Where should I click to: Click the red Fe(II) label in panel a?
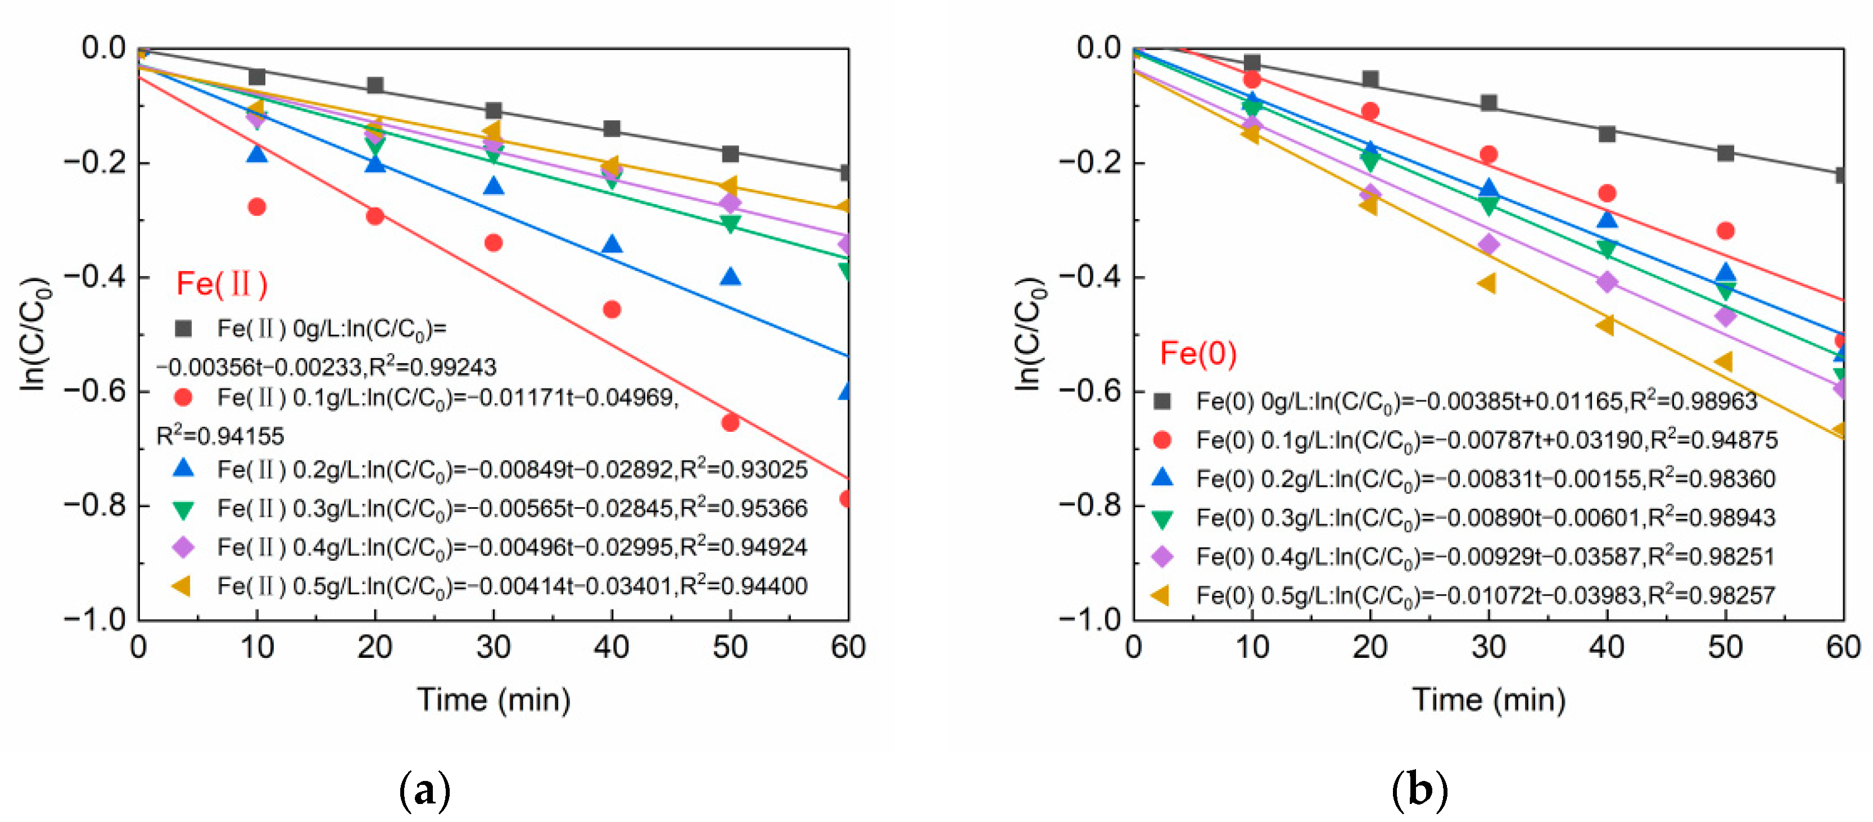point(222,284)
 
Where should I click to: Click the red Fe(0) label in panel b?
point(1197,354)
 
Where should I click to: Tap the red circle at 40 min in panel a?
point(612,309)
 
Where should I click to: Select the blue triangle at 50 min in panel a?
point(730,277)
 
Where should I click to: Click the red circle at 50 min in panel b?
point(1725,231)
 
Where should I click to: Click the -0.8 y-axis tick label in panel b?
point(1090,504)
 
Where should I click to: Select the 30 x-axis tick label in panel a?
point(493,647)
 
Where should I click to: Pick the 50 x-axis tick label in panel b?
point(1725,647)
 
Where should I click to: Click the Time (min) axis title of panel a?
point(493,700)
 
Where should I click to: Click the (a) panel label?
point(424,790)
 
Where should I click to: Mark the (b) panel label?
point(1419,790)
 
